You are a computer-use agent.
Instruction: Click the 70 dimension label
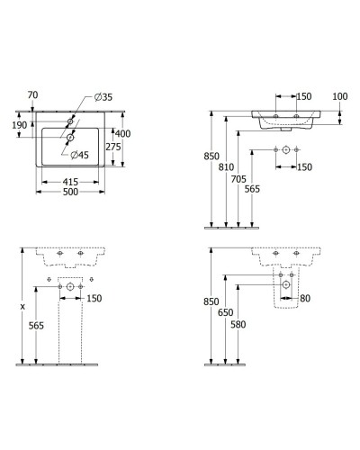click(32, 94)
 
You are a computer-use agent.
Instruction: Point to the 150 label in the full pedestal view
click(94, 299)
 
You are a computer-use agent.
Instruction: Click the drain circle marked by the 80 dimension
click(285, 284)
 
